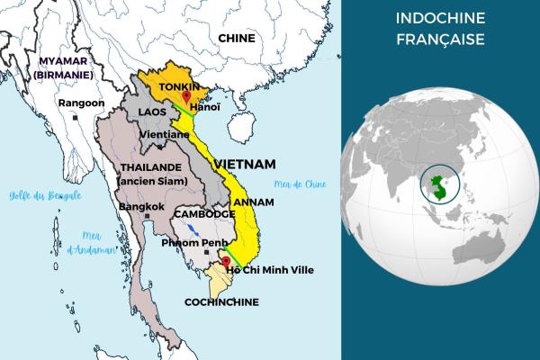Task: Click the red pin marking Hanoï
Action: (x=186, y=96)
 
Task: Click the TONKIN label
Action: (x=178, y=86)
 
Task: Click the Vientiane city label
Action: (x=166, y=134)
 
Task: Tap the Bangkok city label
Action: (x=142, y=207)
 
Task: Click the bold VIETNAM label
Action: (x=243, y=165)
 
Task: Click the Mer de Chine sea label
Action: (x=310, y=184)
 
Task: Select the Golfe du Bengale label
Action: (x=45, y=195)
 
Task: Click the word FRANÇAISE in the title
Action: (x=441, y=40)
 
